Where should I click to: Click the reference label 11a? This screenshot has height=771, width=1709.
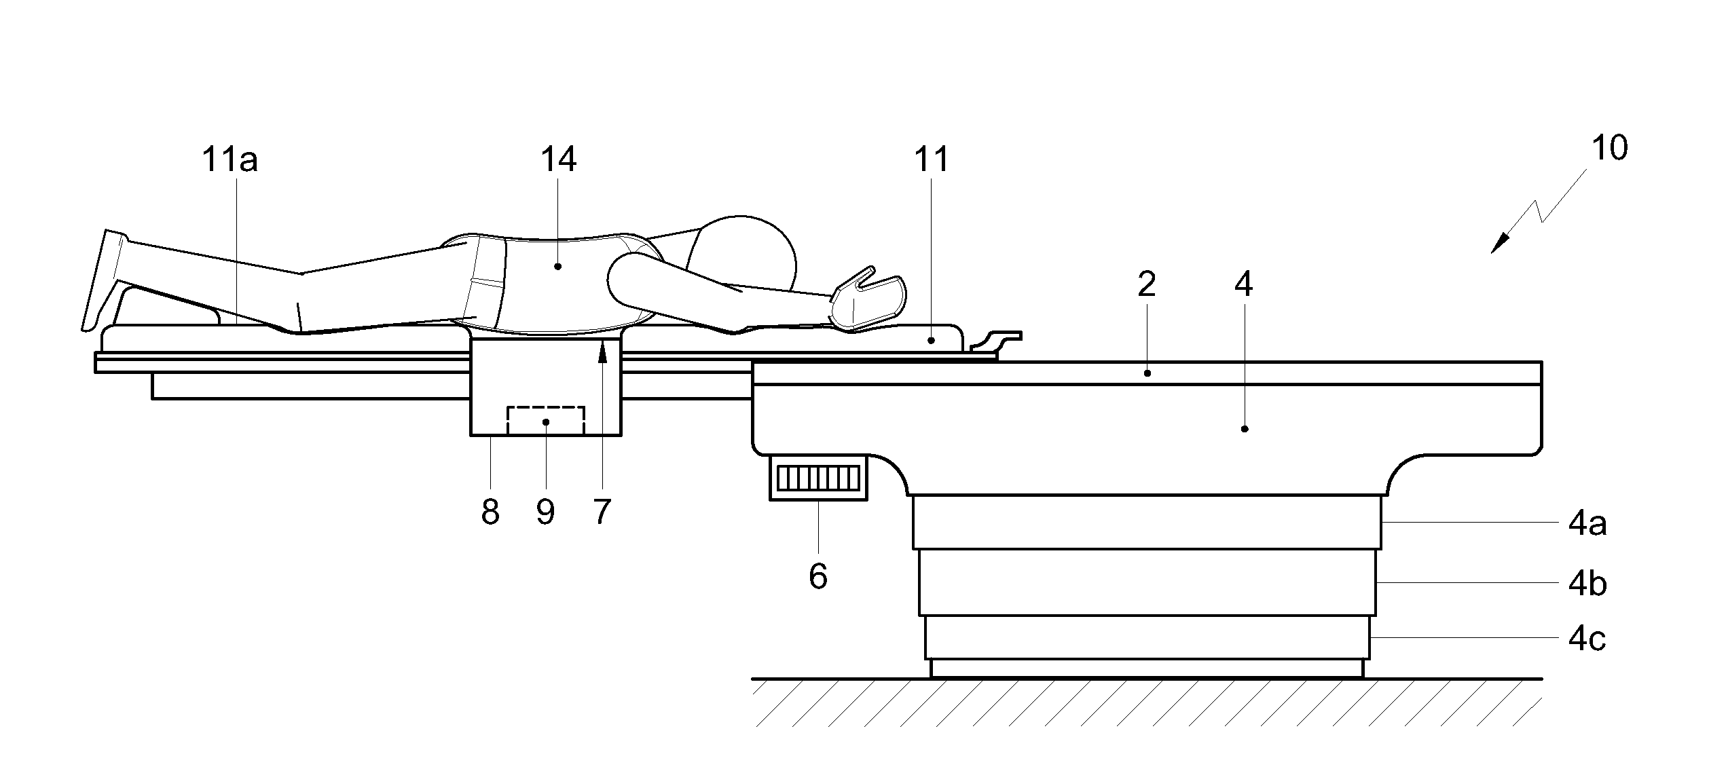click(229, 160)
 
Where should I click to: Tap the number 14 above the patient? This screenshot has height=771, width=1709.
click(558, 160)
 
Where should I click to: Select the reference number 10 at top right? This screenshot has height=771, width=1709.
click(1609, 148)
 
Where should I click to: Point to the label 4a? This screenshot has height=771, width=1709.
click(1587, 524)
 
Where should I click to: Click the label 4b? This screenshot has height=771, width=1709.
click(1587, 584)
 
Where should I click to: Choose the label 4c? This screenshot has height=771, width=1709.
click(1587, 639)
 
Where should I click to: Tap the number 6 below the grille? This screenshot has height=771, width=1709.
click(818, 577)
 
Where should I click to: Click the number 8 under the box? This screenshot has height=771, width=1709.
click(490, 512)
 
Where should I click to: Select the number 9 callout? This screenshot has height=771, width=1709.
click(545, 512)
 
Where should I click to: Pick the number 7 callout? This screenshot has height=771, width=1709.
click(602, 512)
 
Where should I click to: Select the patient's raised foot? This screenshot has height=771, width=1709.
click(105, 278)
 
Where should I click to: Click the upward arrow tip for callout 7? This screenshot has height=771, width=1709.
click(602, 347)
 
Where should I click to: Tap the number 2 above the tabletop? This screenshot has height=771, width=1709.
click(1146, 285)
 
